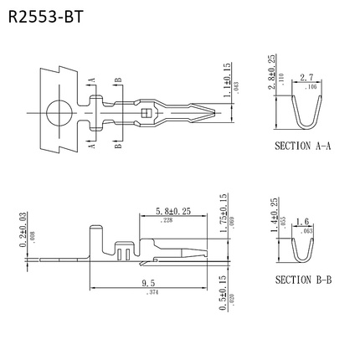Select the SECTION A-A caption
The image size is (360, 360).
point(303,145)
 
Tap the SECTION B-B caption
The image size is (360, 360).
point(303,279)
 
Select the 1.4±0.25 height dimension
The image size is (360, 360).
point(274,215)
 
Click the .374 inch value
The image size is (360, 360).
point(152,293)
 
